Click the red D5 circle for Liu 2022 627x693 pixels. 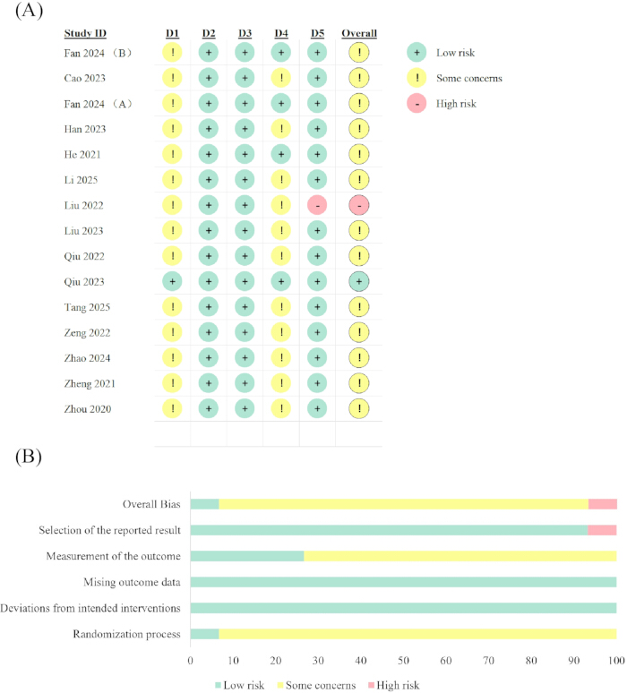pyautogui.click(x=317, y=205)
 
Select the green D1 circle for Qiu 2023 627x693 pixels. pyautogui.click(x=172, y=281)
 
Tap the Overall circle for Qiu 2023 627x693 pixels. pyautogui.click(x=359, y=281)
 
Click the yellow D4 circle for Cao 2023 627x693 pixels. pyautogui.click(x=280, y=78)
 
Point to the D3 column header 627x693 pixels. pyautogui.click(x=245, y=33)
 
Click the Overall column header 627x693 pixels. pyautogui.click(x=359, y=33)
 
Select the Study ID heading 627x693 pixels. pyautogui.click(x=85, y=33)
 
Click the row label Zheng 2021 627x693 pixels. pyautogui.click(x=90, y=383)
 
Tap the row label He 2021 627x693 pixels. pyautogui.click(x=82, y=154)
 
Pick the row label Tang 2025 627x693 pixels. pyautogui.click(x=87, y=307)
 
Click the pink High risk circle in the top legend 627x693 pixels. pyautogui.click(x=417, y=104)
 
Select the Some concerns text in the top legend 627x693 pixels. pyautogui.click(x=469, y=78)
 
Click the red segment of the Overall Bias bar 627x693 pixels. pyautogui.click(x=603, y=504)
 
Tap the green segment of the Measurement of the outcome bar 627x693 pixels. pyautogui.click(x=247, y=556)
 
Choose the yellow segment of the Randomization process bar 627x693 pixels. pyautogui.click(x=418, y=634)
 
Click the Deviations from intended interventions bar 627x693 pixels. pyautogui.click(x=404, y=608)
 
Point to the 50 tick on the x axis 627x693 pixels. pyautogui.click(x=403, y=660)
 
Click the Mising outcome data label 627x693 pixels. pyautogui.click(x=133, y=582)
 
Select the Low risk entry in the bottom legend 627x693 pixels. pyautogui.click(x=240, y=685)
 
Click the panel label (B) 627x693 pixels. pyautogui.click(x=29, y=456)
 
